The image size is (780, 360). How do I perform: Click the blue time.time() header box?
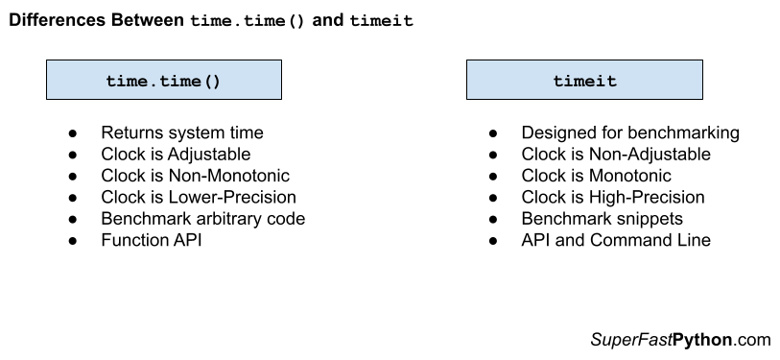click(163, 81)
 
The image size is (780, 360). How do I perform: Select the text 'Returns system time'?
click(181, 133)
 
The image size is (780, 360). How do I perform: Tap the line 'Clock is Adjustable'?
click(176, 155)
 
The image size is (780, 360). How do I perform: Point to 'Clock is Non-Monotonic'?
click(195, 176)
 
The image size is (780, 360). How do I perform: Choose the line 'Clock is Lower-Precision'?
click(199, 197)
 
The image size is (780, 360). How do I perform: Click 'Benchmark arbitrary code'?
click(202, 218)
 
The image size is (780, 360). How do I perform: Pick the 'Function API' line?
click(152, 239)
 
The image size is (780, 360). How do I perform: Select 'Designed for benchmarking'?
click(630, 133)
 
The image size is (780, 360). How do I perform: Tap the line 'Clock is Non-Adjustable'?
click(616, 155)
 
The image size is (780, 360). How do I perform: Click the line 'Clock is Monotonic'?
click(596, 176)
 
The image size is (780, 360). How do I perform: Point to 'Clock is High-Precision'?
click(613, 197)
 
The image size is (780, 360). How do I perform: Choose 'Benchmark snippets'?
click(602, 218)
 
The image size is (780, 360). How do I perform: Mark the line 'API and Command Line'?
click(616, 239)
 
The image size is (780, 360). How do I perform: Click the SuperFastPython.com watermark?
click(680, 339)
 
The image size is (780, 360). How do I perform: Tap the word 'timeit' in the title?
click(382, 21)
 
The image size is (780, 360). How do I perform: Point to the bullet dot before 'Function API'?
click(73, 240)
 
